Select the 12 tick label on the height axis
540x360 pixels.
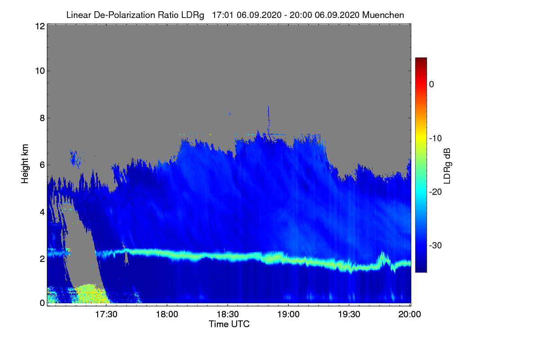[x=39, y=26]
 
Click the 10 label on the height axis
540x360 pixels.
[x=39, y=71]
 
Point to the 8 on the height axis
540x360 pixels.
[x=41, y=118]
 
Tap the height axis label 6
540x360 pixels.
[x=41, y=165]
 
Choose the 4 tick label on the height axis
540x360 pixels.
[x=41, y=211]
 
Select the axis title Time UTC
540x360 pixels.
[x=229, y=324]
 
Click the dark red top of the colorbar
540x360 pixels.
[x=421, y=60]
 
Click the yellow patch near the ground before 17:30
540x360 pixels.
[x=91, y=293]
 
